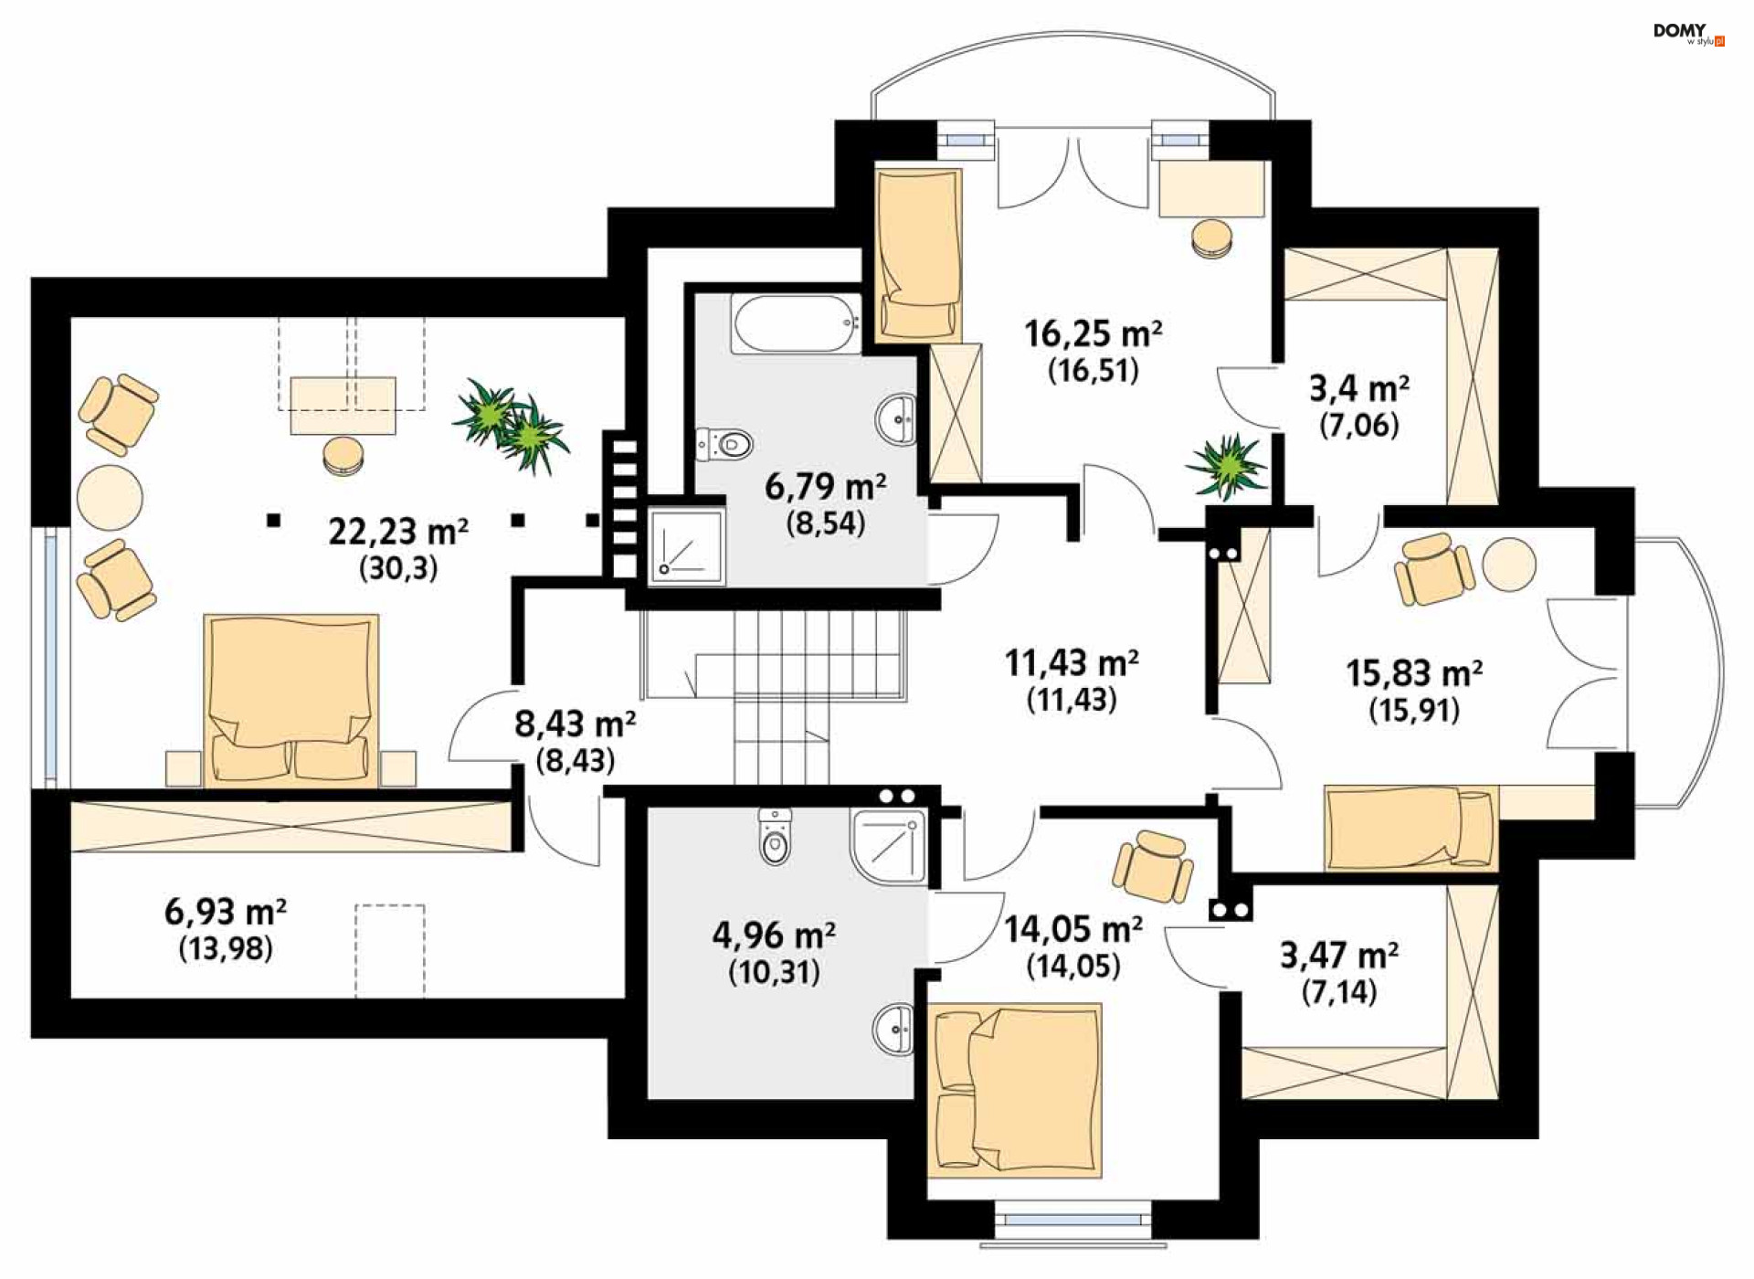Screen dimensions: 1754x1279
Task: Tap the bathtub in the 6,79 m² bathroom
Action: click(x=796, y=323)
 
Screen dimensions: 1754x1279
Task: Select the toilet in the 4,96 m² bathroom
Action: click(x=775, y=835)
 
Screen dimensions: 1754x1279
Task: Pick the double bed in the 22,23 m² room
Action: click(x=291, y=700)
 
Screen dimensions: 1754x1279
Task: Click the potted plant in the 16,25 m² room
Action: click(x=1227, y=467)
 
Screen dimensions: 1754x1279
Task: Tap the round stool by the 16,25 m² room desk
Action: click(x=1212, y=238)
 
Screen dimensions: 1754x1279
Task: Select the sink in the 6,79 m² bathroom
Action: click(x=896, y=419)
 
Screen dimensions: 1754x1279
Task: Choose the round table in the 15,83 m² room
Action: click(x=1508, y=564)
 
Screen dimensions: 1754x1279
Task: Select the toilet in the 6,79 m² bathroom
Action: click(x=724, y=445)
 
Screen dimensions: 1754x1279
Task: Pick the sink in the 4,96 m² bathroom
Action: click(x=893, y=1030)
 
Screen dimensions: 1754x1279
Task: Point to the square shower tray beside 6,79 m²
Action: click(x=687, y=546)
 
